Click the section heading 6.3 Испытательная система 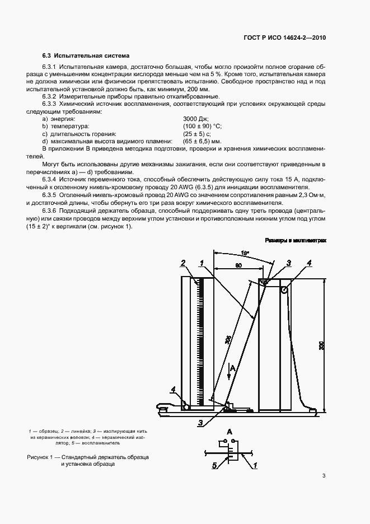point(86,56)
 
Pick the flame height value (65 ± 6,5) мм point(202,142)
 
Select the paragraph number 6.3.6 point(51,209)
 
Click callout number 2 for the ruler point(183,262)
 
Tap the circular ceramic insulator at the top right point(284,290)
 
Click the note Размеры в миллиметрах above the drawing point(296,240)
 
